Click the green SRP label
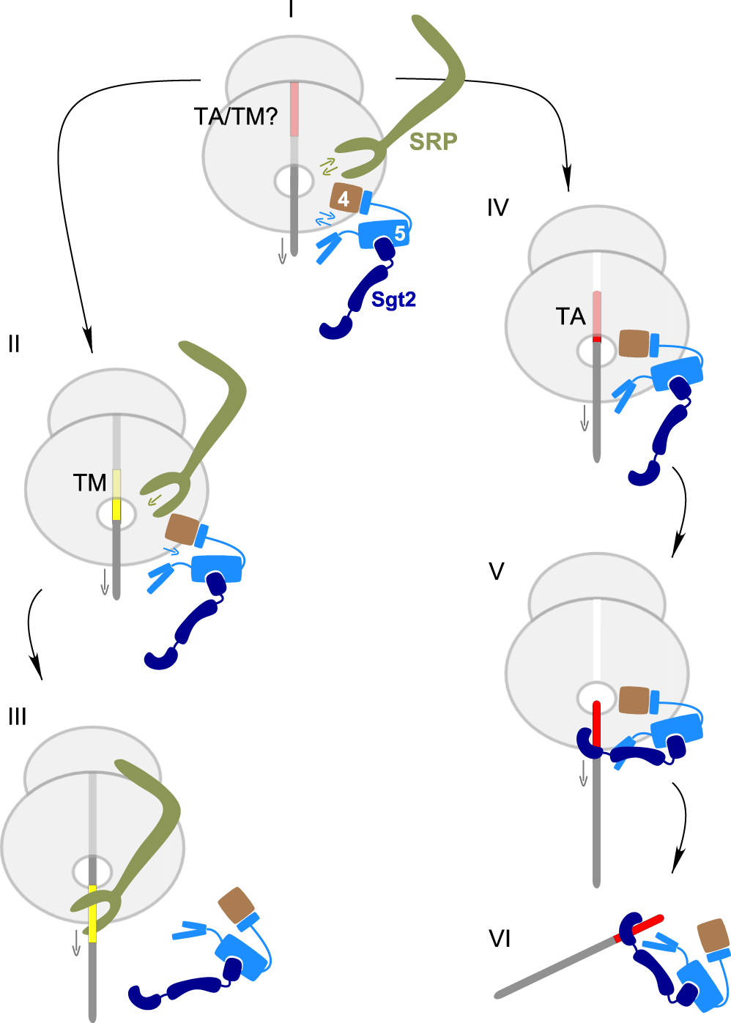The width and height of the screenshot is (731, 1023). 433,141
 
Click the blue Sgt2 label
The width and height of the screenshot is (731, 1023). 393,300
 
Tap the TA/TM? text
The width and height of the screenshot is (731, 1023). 236,116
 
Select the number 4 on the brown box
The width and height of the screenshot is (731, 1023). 344,198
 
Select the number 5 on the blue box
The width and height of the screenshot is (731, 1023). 399,234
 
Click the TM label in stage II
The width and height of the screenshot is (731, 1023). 89,483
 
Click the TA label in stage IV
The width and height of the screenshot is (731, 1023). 570,317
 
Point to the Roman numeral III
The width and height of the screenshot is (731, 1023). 17,716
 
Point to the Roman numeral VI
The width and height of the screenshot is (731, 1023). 500,939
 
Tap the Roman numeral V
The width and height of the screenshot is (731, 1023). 496,571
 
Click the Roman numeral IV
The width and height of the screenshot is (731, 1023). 497,208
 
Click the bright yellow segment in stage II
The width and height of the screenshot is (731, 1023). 116,509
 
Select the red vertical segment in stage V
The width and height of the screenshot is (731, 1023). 596,725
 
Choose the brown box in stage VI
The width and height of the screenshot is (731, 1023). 713,935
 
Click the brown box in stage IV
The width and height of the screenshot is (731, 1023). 634,343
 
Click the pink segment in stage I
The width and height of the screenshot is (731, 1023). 294,109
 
